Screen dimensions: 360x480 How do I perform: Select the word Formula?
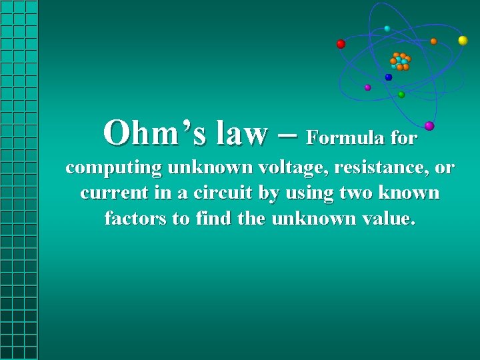click(x=340, y=138)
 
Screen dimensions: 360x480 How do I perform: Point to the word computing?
click(x=113, y=168)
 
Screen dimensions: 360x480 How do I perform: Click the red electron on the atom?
click(x=341, y=44)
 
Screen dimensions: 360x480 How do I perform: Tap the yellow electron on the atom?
click(x=463, y=41)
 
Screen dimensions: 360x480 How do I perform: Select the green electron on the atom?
click(x=401, y=95)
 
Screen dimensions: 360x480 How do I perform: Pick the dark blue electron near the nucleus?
click(x=389, y=77)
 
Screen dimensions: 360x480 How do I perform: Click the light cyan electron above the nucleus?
click(x=387, y=29)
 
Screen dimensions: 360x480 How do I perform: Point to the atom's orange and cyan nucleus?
click(x=400, y=61)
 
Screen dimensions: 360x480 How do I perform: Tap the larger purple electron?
click(x=429, y=125)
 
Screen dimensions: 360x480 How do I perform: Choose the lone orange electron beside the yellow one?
click(x=433, y=41)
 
